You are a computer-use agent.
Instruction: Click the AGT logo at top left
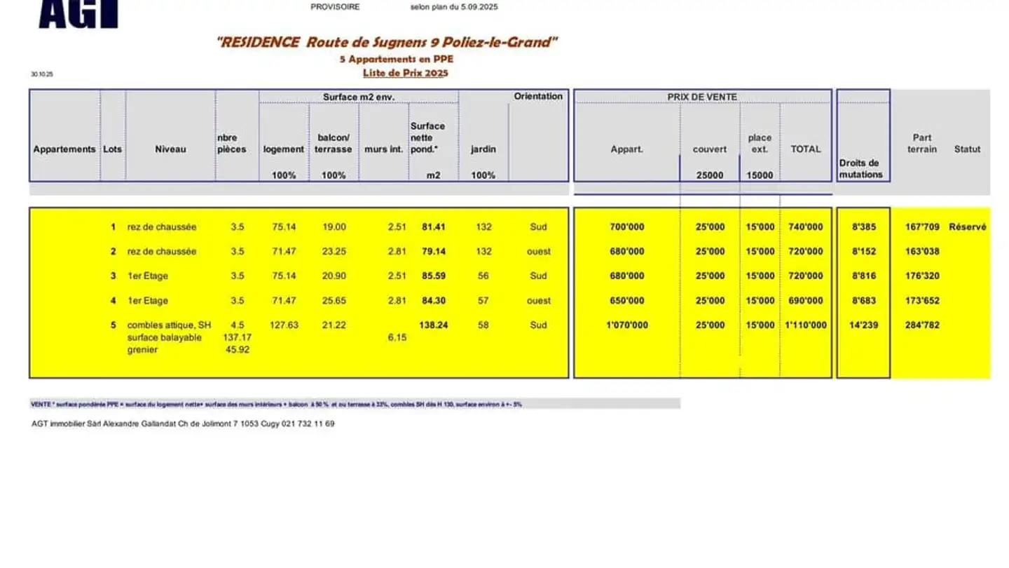(x=78, y=14)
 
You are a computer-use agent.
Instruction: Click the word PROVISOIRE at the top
(x=335, y=7)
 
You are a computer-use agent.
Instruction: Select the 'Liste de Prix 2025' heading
(x=405, y=73)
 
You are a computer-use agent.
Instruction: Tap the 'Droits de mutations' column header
(x=861, y=169)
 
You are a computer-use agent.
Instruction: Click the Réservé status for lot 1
(x=967, y=227)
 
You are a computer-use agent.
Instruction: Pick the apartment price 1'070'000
(x=627, y=325)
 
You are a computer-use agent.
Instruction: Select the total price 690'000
(x=806, y=301)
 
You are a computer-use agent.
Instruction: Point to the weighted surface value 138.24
(x=433, y=325)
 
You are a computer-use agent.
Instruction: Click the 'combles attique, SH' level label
(x=169, y=325)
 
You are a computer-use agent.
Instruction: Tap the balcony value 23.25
(x=334, y=252)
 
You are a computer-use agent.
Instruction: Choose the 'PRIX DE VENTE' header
(x=702, y=97)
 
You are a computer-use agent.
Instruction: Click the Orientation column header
(x=538, y=96)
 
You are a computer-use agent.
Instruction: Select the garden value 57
(x=483, y=301)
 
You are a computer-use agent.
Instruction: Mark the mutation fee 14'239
(x=864, y=325)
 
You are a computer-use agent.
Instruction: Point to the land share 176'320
(x=922, y=276)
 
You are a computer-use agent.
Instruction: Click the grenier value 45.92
(x=238, y=350)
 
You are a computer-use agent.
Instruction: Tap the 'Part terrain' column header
(x=922, y=143)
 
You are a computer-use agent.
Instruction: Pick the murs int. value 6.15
(x=397, y=338)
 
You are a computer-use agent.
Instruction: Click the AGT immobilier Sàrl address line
(x=183, y=424)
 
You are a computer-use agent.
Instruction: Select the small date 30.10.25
(x=42, y=74)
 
